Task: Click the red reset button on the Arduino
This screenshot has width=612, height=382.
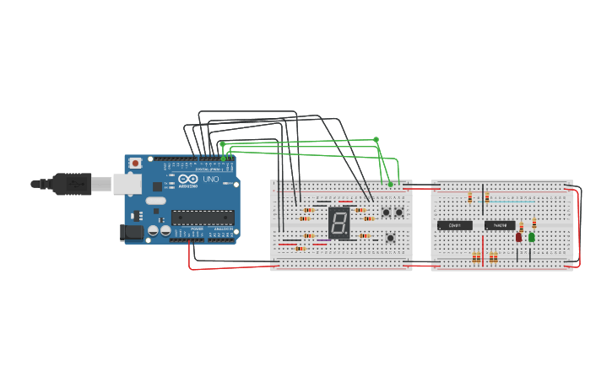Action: point(135,163)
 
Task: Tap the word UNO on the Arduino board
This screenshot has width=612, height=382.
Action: point(210,179)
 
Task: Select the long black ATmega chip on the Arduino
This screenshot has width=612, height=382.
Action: point(203,218)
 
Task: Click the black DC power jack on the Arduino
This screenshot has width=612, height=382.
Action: point(131,232)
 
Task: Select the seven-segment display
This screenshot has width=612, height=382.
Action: point(339,222)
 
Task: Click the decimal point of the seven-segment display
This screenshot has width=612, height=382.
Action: point(347,232)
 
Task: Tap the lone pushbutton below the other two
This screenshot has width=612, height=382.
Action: point(390,239)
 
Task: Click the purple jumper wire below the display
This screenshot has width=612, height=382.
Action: point(323,241)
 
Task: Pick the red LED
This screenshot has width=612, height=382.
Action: point(518,237)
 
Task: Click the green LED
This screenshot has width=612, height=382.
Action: point(531,237)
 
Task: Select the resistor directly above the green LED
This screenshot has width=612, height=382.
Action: point(533,223)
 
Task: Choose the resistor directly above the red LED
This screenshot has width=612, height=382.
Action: point(522,226)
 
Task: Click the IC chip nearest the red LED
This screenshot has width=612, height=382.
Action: point(499,225)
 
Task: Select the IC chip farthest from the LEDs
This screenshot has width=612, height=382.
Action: point(455,225)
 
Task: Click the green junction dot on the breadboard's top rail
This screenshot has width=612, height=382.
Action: point(390,184)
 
